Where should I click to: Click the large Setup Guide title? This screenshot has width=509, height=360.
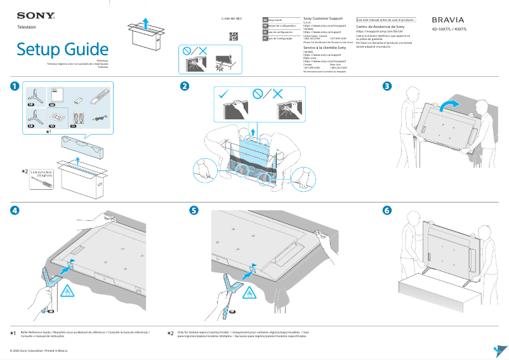click(62, 49)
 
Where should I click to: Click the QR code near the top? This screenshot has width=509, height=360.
click(233, 36)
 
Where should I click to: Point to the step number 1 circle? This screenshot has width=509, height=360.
click(15, 86)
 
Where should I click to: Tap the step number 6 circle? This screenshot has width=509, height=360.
click(387, 211)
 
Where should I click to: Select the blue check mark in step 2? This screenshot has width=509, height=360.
click(223, 94)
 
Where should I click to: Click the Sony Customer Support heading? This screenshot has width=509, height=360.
click(324, 20)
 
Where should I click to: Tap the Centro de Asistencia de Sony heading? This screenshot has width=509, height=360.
click(380, 27)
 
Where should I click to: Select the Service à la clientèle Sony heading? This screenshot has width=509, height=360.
click(324, 48)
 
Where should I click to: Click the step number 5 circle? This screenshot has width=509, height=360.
click(194, 211)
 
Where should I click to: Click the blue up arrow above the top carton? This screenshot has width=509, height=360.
click(145, 23)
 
